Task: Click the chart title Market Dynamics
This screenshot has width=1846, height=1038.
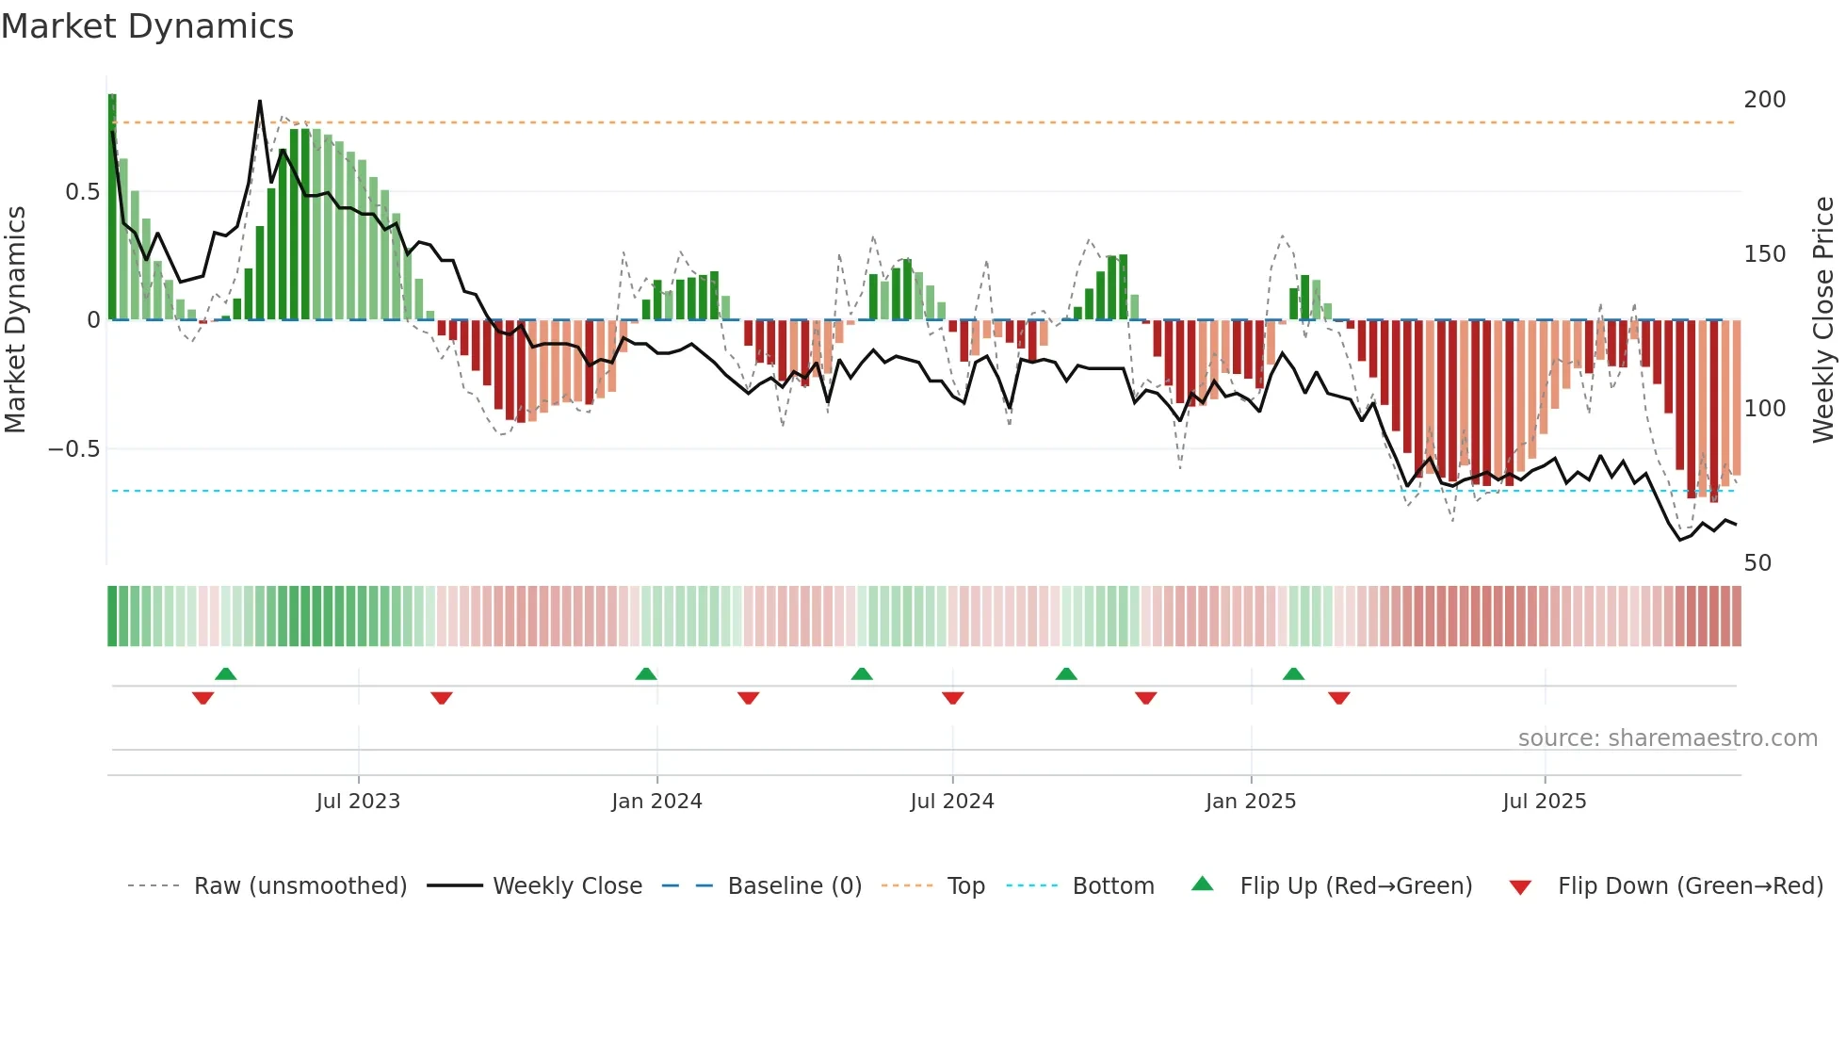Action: tap(148, 26)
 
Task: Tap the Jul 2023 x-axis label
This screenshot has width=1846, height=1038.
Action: tap(358, 802)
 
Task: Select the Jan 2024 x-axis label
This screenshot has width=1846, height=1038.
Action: tap(656, 802)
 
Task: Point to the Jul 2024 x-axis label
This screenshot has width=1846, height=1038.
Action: tap(951, 802)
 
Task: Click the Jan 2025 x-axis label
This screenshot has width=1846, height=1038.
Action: tap(1250, 802)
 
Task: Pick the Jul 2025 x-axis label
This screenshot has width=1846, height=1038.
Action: tap(1544, 802)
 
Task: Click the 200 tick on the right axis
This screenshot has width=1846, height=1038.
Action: tap(1764, 100)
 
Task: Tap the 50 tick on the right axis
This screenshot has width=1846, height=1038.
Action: tap(1757, 563)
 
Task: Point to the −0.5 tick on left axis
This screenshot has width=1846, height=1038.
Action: tap(73, 449)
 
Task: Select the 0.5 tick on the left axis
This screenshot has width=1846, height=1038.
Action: tap(82, 192)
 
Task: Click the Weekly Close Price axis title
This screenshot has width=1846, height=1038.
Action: tap(1823, 320)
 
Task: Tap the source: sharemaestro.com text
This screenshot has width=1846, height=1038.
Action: tap(1667, 738)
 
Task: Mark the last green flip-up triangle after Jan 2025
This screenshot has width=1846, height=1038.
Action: tap(1293, 674)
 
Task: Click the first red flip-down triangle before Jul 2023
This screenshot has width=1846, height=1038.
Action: tap(202, 698)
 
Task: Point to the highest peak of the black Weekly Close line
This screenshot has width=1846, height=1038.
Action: tap(260, 102)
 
